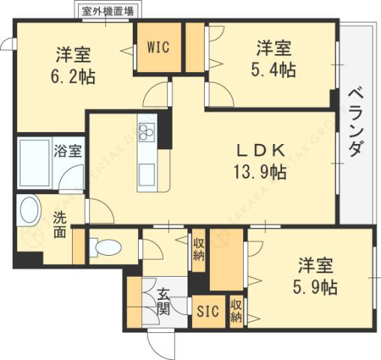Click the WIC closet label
(157, 47)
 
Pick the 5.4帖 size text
(273, 70)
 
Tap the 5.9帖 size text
(313, 286)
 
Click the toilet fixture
(107, 246)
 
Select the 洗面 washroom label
(60, 226)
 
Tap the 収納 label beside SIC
(235, 311)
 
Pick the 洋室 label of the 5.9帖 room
(315, 265)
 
